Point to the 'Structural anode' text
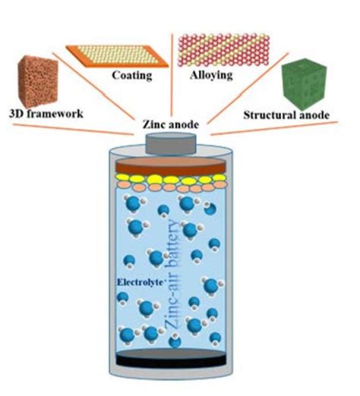pyautogui.click(x=286, y=115)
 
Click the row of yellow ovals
pyautogui.click(x=170, y=179)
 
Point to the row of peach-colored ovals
pyautogui.click(x=170, y=188)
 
